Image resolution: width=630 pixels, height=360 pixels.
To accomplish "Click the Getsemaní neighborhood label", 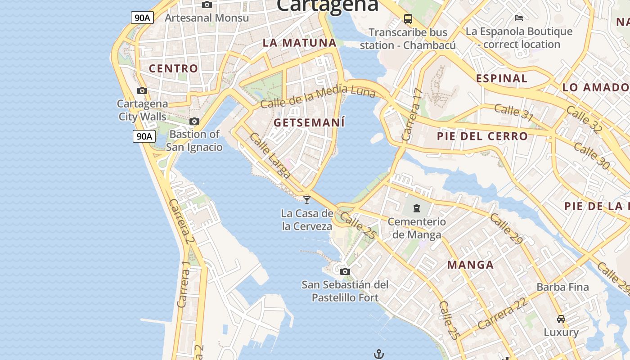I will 309,122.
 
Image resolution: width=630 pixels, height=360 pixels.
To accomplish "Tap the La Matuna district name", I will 300,43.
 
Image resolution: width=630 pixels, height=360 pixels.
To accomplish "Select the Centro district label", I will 173,68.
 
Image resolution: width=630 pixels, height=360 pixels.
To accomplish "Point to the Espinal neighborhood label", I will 502,78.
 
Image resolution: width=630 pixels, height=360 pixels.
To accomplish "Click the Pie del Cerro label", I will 482,136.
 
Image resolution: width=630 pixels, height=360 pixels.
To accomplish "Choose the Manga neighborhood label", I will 471,265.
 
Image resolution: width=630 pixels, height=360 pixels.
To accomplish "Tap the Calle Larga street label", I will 270,155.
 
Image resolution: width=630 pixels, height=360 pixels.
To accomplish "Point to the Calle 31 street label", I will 513,112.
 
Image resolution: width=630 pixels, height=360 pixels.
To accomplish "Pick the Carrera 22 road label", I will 503,314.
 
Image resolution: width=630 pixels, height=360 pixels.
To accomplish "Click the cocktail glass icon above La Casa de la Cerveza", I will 307,200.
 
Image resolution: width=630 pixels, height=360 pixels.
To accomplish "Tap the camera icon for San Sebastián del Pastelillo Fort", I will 345,271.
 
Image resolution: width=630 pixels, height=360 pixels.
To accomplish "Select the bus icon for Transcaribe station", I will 408,19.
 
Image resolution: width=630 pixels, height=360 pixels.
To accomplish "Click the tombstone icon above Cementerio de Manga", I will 417,208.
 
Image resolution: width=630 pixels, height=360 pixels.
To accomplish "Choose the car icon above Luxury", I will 561,319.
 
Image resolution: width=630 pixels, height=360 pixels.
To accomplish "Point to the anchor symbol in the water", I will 378,354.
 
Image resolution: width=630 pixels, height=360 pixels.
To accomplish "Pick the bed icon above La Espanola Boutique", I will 519,18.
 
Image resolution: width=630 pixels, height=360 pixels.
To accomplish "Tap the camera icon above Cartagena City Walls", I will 142,90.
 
